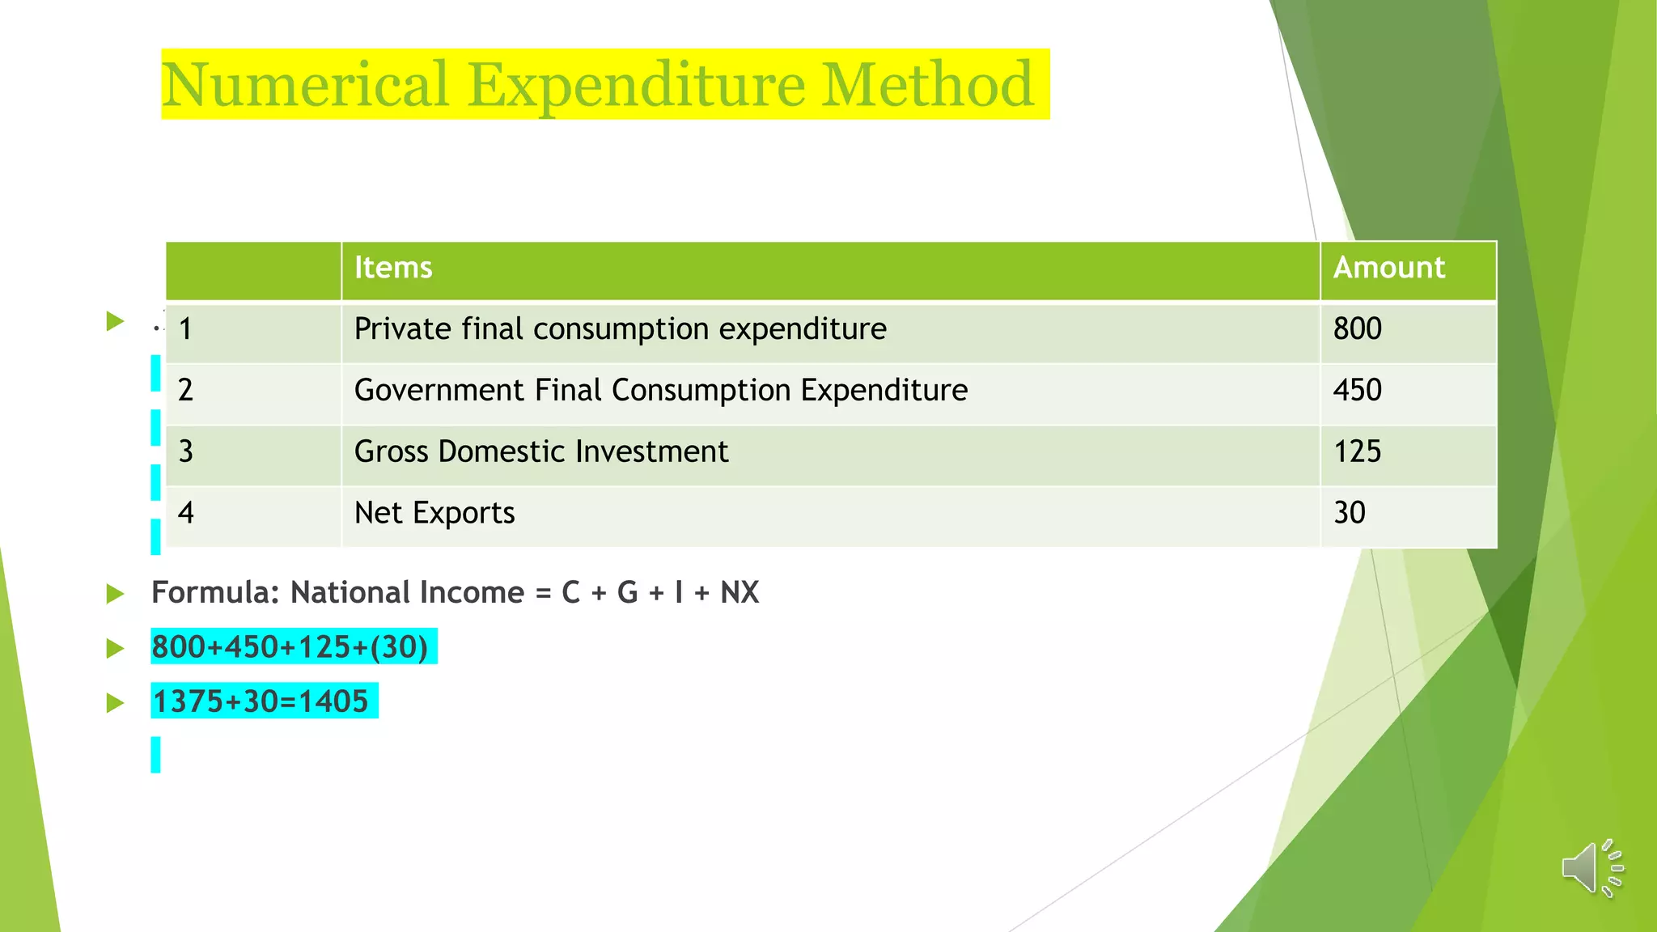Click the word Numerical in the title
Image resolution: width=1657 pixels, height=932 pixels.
[305, 84]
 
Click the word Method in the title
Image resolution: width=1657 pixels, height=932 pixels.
[927, 84]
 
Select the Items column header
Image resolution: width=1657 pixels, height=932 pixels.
[393, 268]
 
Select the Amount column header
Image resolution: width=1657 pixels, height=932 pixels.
[1388, 268]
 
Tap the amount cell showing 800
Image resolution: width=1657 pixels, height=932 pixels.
[1357, 329]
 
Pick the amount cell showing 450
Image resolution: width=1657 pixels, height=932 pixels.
[1357, 391]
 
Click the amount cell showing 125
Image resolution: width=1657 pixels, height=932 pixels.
[1357, 451]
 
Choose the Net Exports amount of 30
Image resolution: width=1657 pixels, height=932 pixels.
[1349, 513]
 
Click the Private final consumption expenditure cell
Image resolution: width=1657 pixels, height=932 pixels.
[620, 329]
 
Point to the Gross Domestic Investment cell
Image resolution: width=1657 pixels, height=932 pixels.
[540, 451]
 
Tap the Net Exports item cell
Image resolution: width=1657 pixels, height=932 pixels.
[434, 513]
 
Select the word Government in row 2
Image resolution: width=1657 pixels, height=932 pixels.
[439, 391]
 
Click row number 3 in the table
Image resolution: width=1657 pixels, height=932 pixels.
[186, 451]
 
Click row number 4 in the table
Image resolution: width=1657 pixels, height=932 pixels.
[186, 513]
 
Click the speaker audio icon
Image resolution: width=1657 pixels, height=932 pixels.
[1591, 868]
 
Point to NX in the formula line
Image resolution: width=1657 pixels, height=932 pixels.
[740, 593]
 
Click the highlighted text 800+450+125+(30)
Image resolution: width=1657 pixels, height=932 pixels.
[290, 647]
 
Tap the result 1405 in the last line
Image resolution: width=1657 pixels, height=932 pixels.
[333, 701]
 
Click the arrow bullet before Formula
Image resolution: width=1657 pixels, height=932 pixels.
[115, 595]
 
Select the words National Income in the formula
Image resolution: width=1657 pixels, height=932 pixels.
[407, 593]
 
